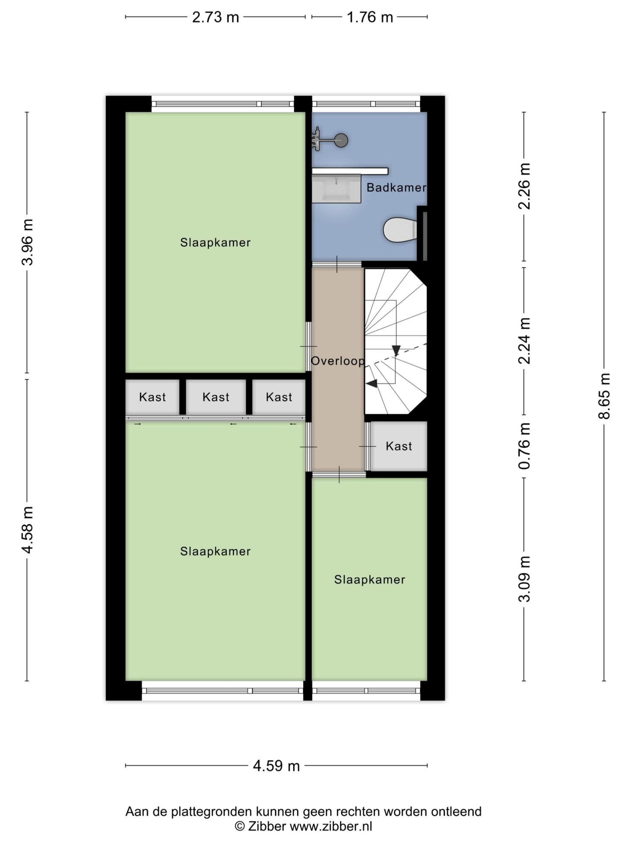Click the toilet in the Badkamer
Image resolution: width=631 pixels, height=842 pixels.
click(400, 229)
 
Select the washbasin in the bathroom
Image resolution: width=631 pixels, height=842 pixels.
click(336, 188)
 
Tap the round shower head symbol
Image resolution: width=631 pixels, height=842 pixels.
click(341, 140)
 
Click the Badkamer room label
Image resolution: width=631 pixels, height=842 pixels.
click(396, 187)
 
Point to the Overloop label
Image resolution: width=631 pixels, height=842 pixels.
click(338, 361)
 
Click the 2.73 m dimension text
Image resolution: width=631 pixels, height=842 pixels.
click(215, 17)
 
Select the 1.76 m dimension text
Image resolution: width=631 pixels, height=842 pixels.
click(370, 17)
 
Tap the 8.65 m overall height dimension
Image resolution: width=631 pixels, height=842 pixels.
click(604, 396)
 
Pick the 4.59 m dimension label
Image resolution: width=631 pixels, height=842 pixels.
click(276, 766)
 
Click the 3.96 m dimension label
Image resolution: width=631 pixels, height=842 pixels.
click(27, 242)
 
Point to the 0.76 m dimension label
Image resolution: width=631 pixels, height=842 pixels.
click(524, 446)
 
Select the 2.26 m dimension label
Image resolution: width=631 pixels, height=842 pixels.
click(524, 186)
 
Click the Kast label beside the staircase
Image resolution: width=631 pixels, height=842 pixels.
click(399, 446)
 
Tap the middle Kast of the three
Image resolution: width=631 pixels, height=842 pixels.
click(216, 397)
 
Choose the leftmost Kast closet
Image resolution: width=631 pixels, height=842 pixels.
click(152, 397)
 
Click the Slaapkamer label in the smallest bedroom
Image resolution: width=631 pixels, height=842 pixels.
click(370, 579)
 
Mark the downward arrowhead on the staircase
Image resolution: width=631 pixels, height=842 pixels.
click(396, 351)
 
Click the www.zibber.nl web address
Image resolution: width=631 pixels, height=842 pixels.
click(331, 826)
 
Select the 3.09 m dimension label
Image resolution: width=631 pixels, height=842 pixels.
click(524, 579)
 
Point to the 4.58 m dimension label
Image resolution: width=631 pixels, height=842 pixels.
click(27, 530)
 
